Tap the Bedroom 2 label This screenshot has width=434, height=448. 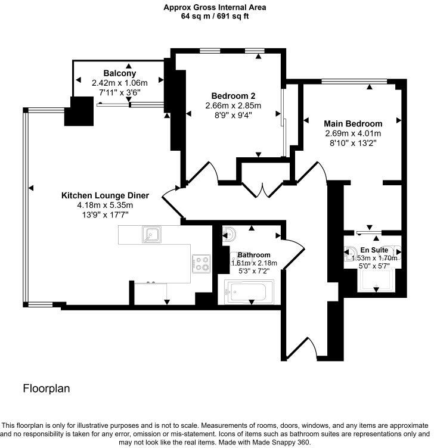(x=234, y=95)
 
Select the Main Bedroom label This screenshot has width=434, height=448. (x=354, y=123)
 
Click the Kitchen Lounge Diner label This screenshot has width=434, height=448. (x=105, y=195)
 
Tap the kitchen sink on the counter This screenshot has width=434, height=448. (x=151, y=235)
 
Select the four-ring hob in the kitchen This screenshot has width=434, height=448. (x=201, y=263)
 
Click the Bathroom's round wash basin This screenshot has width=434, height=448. (x=230, y=234)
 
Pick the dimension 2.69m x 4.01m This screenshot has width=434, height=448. (x=354, y=133)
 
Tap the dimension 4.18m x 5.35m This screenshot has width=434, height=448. (x=98, y=206)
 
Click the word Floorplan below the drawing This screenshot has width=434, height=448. (x=46, y=388)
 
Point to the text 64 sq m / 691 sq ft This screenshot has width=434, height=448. (x=215, y=17)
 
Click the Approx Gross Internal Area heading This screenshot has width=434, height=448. (x=215, y=7)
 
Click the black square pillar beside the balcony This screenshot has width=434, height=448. (x=79, y=111)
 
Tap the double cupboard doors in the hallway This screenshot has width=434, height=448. (x=262, y=189)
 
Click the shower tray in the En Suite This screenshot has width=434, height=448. (x=377, y=277)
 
